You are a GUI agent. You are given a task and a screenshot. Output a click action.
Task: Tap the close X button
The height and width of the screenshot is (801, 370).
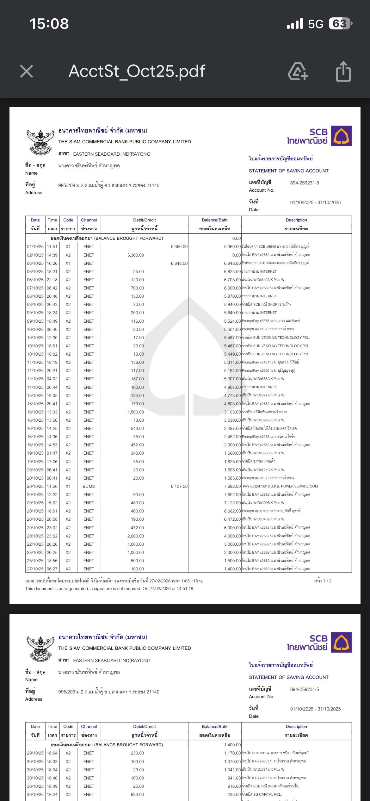pyautogui.click(x=27, y=71)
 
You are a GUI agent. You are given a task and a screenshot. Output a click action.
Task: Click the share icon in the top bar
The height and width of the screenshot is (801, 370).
pyautogui.click(x=343, y=71)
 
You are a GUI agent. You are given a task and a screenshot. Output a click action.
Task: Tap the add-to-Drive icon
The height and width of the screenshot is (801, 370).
pyautogui.click(x=298, y=71)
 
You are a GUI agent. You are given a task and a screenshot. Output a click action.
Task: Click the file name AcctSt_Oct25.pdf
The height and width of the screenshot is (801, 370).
pyautogui.click(x=137, y=71)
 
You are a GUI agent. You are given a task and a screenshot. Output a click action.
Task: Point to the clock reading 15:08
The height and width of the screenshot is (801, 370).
pyautogui.click(x=49, y=24)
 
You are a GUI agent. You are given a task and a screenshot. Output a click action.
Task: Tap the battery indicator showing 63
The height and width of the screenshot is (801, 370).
pyautogui.click(x=340, y=24)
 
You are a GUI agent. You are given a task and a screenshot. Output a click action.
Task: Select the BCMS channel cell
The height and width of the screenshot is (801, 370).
pyautogui.click(x=89, y=486)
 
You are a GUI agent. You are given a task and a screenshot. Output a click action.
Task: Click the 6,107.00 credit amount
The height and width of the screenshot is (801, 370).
pyautogui.click(x=179, y=486)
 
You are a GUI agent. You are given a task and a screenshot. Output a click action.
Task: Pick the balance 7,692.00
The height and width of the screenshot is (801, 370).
pyautogui.click(x=232, y=486)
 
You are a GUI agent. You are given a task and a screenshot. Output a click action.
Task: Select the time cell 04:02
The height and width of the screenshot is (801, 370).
pyautogui.click(x=52, y=379)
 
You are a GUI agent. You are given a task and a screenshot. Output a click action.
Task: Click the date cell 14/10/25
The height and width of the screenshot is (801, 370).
pyautogui.click(x=35, y=387)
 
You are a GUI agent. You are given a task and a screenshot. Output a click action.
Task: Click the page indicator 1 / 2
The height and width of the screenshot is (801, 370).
pyautogui.click(x=323, y=581)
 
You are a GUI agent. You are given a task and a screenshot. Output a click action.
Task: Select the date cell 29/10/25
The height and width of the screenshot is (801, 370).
pyautogui.click(x=35, y=753)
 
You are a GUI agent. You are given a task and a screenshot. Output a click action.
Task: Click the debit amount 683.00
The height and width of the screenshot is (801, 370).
pyautogui.click(x=137, y=794)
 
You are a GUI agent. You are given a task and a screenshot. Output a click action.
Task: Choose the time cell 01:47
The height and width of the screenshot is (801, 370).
pyautogui.click(x=52, y=453)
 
